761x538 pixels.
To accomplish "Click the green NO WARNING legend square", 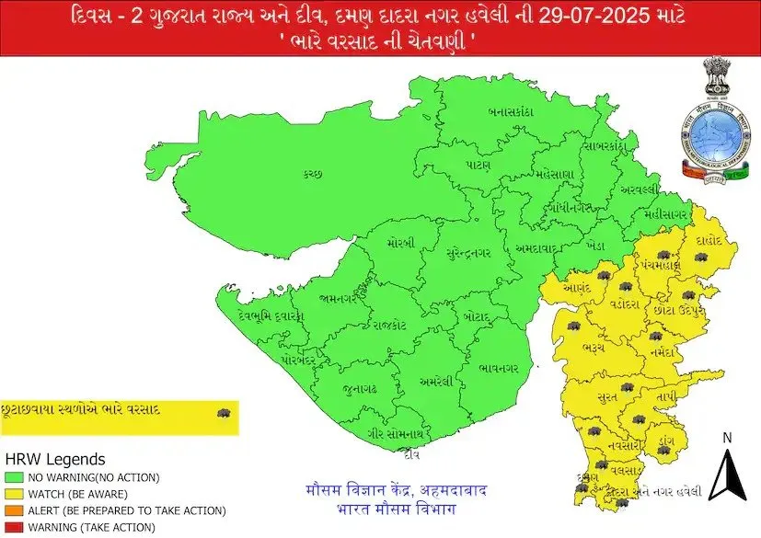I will pyautogui.click(x=13, y=477).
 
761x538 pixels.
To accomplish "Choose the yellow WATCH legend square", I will pyautogui.click(x=13, y=494).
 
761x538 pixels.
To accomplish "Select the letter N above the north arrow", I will pyautogui.click(x=727, y=438).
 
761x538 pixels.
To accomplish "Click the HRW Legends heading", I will pyautogui.click(x=55, y=459).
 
